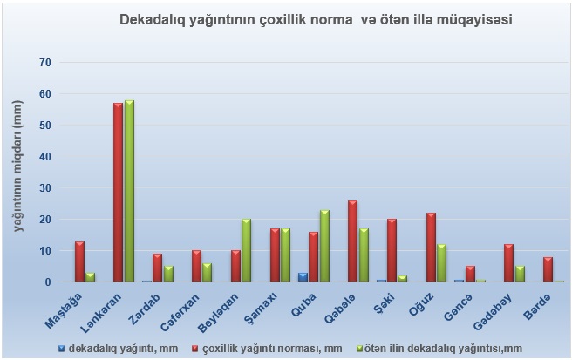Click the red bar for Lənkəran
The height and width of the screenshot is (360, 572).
point(118,192)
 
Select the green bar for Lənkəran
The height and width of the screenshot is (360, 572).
point(129,191)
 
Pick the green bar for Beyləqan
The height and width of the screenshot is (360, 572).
point(246,250)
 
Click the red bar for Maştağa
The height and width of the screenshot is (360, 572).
point(78,262)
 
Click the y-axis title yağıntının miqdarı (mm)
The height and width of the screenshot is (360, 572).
point(18,166)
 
